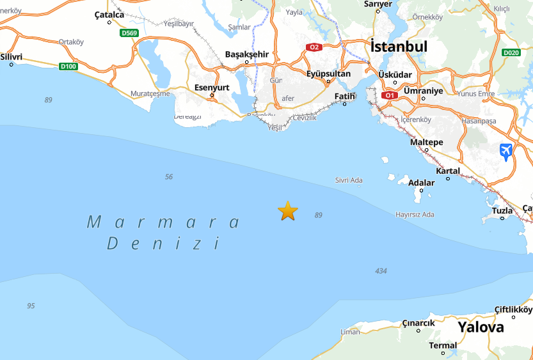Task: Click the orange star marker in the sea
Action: pos(288,210)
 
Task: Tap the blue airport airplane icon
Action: pos(506,152)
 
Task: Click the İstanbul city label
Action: pos(399,47)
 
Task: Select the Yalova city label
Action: pos(480,327)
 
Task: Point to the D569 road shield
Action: pos(130,33)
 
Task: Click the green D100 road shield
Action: pos(68,66)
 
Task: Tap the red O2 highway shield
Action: pos(314,47)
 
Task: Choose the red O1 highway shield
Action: pos(389,95)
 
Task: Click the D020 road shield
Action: pos(511,53)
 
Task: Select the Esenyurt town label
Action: pos(211,88)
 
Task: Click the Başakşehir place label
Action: pos(247,54)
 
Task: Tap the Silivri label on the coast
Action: pos(12,57)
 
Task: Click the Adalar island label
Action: pos(421,183)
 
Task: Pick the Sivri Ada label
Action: pos(349,180)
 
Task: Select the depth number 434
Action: pos(381,271)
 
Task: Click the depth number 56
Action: pos(169,176)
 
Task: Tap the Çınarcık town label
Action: pos(418,323)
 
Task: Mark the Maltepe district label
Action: pos(426,142)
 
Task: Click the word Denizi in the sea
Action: pos(163,244)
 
